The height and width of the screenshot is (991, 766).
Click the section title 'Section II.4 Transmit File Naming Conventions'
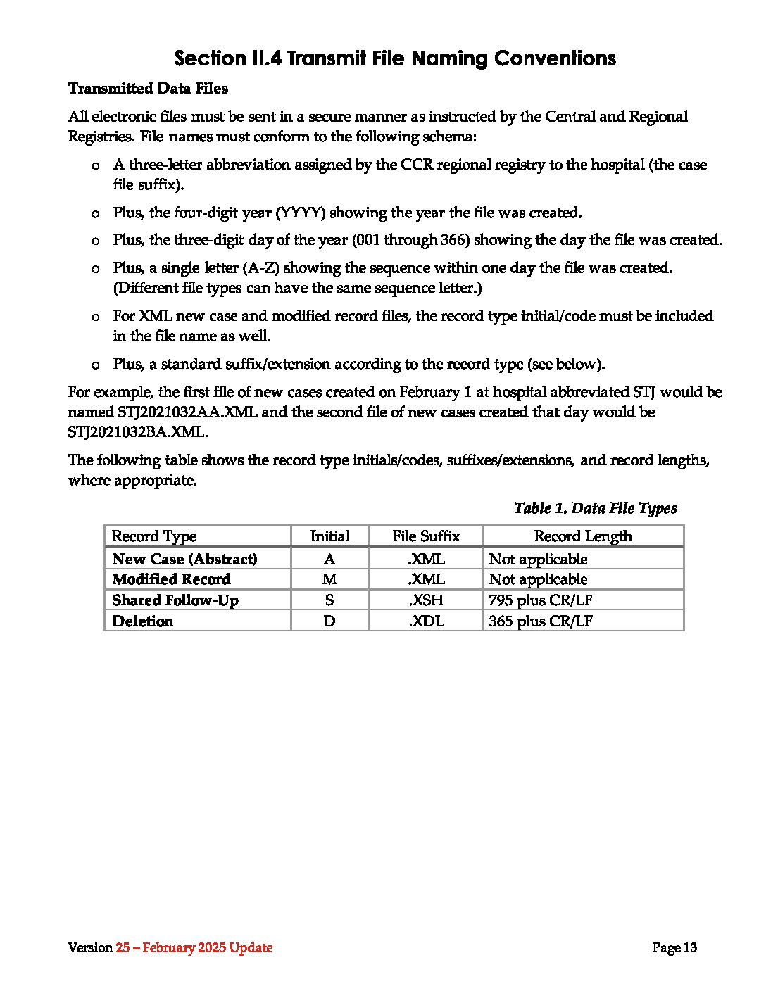(x=395, y=58)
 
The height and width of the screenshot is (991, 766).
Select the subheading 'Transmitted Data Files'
(x=148, y=89)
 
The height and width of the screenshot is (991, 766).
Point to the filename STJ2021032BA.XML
(x=137, y=432)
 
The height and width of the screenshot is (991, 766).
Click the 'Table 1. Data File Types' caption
(x=595, y=508)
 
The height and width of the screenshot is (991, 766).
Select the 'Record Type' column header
(x=154, y=536)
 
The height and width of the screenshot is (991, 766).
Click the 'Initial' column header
(x=329, y=536)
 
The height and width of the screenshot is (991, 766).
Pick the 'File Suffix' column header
(x=426, y=536)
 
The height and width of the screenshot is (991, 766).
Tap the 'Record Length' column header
(x=583, y=536)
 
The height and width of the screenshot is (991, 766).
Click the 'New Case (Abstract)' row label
(x=184, y=559)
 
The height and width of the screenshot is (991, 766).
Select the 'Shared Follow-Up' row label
(x=175, y=600)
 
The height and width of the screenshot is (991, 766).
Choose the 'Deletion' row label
(x=142, y=621)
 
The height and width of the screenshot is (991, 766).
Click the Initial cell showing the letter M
(x=329, y=579)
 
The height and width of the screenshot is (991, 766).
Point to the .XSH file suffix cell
(x=426, y=600)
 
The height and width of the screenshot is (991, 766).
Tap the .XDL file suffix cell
(x=426, y=621)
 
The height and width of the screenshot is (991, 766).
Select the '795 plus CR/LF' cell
(x=540, y=600)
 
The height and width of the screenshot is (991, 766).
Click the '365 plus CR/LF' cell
(x=540, y=621)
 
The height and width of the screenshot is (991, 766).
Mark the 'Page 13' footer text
(x=674, y=948)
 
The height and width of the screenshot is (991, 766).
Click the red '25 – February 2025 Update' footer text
(x=194, y=948)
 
